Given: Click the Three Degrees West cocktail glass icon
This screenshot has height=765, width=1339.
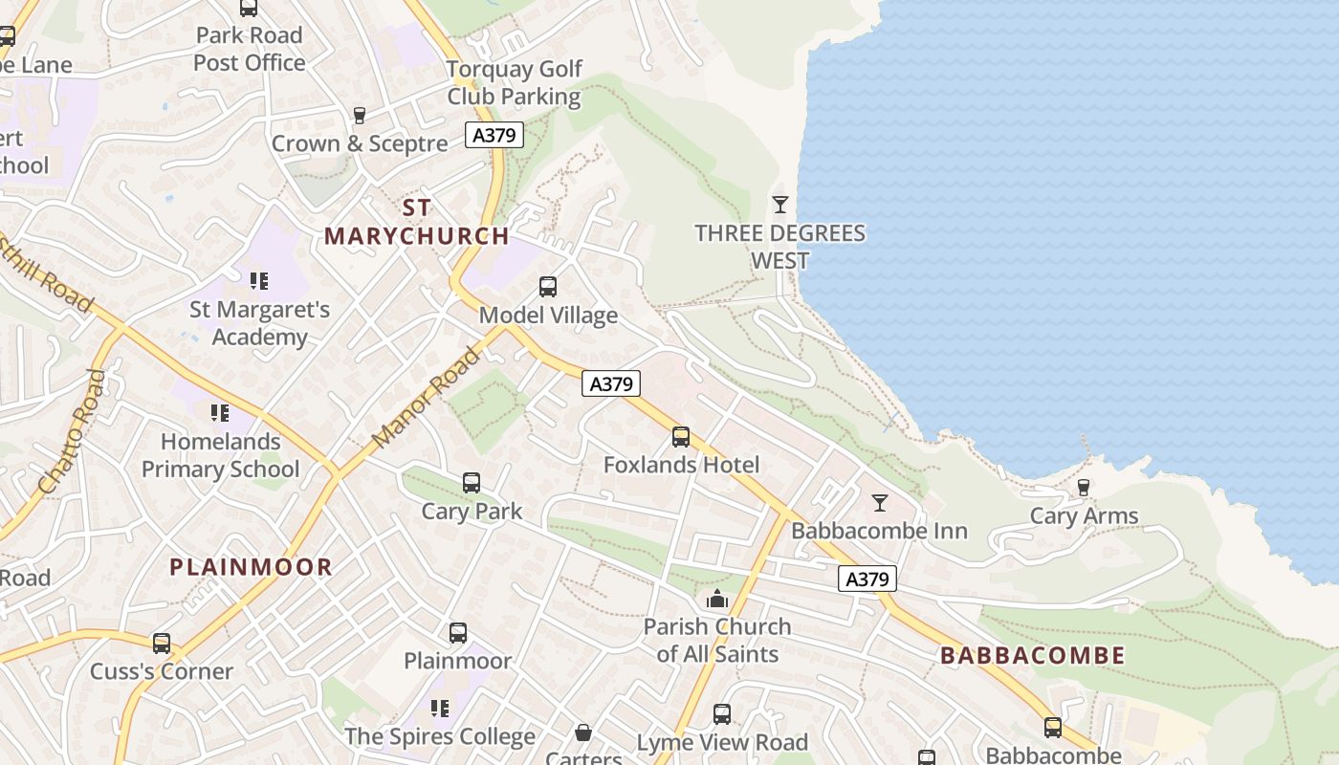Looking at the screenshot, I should coord(780,205).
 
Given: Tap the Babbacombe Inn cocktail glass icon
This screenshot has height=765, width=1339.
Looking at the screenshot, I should coord(880,502).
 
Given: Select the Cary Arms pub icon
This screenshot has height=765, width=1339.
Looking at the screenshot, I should coord(1083,488).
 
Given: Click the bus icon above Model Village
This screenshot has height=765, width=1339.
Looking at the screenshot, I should coord(548,287).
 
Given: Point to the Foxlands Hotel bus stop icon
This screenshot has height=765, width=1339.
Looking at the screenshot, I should coord(681,437).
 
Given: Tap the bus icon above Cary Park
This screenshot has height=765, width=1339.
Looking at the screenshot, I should coord(472,483).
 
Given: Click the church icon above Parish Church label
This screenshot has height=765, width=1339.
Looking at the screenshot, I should coord(716,600).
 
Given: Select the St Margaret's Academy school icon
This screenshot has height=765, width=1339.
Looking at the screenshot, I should coord(259,281).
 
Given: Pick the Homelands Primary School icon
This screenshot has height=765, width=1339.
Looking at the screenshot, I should coord(220,413).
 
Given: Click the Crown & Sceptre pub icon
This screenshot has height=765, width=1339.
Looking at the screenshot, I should coord(360,116).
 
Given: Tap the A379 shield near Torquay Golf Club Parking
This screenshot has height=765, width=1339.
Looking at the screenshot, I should coord(494,135).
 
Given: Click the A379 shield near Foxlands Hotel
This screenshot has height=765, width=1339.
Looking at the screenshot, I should coord(611,384).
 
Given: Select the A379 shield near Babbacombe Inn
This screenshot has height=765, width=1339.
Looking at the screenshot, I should coord(868,579).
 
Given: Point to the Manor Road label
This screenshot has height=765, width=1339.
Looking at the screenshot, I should coord(427,399).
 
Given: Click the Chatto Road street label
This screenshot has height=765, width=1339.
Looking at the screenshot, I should coord(71,432).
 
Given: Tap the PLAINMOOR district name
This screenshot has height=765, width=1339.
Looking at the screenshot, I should coord(251,567).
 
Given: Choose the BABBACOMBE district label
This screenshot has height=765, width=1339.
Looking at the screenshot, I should coord(1032,656).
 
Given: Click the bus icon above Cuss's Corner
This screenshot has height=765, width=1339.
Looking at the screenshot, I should coord(162,644).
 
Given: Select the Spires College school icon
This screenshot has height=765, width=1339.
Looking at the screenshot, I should coord(440,709).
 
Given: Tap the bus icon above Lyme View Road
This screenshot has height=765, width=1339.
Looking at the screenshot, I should coord(722,714).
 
